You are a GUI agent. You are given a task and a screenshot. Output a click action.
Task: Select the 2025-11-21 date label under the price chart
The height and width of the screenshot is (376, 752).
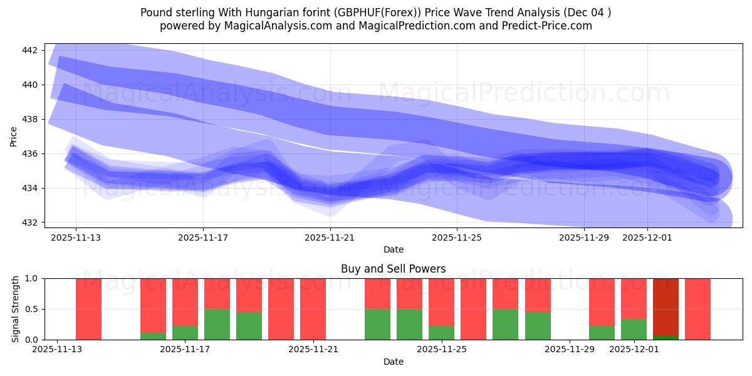click(x=330, y=238)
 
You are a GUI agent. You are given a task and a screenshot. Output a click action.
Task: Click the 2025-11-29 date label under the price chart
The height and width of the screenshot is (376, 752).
click(x=584, y=238)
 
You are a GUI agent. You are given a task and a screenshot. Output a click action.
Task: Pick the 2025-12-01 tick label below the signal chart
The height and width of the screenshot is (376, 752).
click(x=635, y=349)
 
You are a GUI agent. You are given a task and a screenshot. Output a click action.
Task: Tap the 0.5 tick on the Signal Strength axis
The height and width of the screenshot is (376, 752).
click(x=33, y=309)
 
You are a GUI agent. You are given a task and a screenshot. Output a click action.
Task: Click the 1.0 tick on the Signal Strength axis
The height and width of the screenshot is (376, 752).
click(x=33, y=278)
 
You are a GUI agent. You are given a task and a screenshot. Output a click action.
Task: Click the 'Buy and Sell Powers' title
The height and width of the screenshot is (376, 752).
click(x=393, y=269)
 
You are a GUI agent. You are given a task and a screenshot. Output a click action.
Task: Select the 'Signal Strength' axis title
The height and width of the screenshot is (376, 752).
click(x=16, y=309)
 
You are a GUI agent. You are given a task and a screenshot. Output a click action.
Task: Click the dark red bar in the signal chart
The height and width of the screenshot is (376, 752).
click(x=666, y=307)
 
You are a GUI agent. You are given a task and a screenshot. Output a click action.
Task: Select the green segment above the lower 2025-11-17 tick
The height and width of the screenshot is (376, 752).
click(x=185, y=333)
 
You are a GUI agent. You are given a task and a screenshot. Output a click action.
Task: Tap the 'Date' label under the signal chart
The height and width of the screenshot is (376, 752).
click(x=393, y=362)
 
